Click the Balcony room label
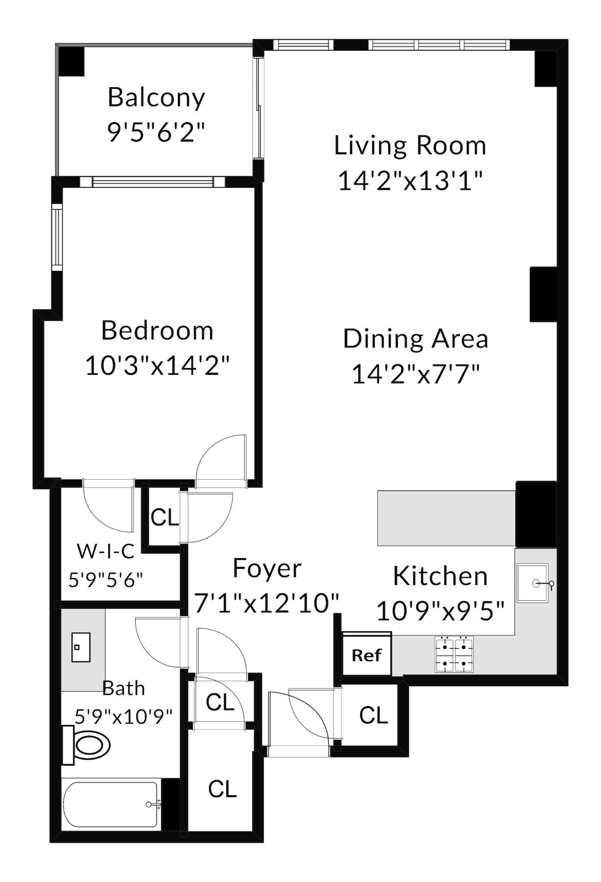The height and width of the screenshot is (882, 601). tap(156, 98)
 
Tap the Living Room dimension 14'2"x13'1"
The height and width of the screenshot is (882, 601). tap(410, 181)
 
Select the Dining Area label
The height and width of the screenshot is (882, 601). tap(415, 339)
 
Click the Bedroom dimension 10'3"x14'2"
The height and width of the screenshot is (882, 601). tap(157, 366)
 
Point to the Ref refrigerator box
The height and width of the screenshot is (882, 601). tap(366, 655)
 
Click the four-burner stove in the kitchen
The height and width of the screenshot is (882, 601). tap(454, 654)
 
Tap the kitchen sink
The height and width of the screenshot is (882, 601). tap(533, 583)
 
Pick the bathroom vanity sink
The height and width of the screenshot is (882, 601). tap(81, 647)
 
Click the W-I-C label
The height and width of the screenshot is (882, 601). tap(106, 551)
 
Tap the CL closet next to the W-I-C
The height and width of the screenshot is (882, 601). tap(165, 517)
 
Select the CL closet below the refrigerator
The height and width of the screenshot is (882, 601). tap(373, 715)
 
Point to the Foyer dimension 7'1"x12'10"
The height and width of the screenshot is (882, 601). tap(267, 603)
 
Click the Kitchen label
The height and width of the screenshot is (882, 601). tap(440, 576)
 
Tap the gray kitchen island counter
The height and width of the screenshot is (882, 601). tap(446, 518)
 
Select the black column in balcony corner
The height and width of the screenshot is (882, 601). tap(72, 61)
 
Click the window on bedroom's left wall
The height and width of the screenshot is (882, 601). tap(58, 237)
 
